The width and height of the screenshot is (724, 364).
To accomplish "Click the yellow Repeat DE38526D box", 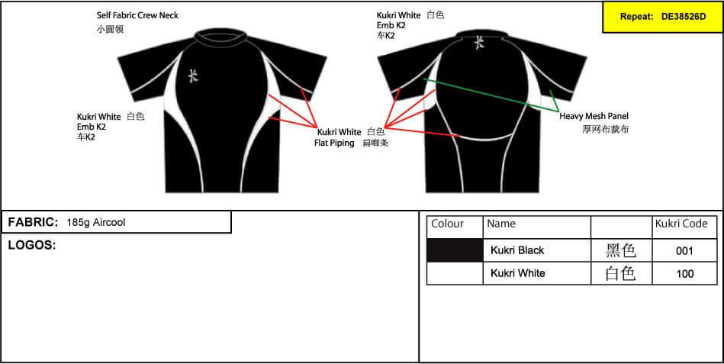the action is click(663, 17).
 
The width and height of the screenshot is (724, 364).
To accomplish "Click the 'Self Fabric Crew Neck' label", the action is click(137, 15).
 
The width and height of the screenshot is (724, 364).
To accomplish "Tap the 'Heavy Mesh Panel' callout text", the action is click(594, 117).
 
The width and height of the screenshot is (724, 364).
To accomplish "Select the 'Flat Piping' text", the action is click(334, 143).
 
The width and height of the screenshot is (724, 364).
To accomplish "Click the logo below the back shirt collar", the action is click(480, 43).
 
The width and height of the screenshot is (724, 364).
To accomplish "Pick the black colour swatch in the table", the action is click(455, 250).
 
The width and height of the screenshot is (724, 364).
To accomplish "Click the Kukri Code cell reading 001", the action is click(684, 251).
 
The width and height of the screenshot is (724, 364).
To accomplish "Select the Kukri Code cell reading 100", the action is click(684, 273).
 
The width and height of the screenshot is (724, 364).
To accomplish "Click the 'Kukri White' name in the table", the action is click(517, 273).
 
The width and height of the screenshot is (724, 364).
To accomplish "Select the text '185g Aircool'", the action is click(96, 222).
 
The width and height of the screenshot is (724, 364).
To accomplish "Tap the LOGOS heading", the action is click(32, 245).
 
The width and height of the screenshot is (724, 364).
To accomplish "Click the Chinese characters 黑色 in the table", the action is click(621, 250).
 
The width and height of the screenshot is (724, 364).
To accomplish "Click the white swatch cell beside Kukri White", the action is click(455, 273).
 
